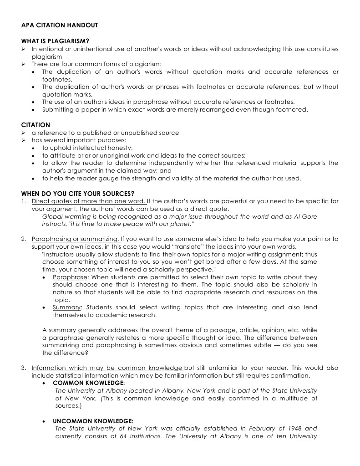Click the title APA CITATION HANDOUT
click(x=59, y=25)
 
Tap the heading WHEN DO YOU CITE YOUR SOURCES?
click(x=77, y=194)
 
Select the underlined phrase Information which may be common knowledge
click(x=107, y=368)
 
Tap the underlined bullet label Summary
click(x=66, y=307)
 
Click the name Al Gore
click(x=307, y=216)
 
